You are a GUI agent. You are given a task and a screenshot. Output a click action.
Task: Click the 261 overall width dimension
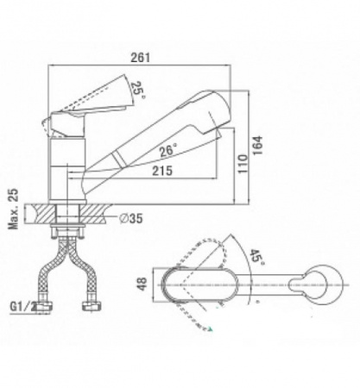[x=141, y=58]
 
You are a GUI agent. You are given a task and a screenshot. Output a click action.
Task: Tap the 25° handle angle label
[x=138, y=89]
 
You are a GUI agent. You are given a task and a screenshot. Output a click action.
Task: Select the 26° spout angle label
[x=168, y=151]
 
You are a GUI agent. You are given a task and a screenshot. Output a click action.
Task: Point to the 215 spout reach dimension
[x=162, y=171]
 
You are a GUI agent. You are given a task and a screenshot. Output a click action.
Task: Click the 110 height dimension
[x=243, y=164]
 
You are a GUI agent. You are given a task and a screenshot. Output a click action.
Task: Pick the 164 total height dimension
[x=257, y=145]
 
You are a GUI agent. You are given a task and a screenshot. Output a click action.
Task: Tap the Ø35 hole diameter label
[x=131, y=218]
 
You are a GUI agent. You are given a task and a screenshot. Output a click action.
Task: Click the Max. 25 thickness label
[x=13, y=209]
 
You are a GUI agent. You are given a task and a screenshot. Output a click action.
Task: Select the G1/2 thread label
[x=23, y=307]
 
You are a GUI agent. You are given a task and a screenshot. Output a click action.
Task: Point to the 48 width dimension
[x=142, y=284]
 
